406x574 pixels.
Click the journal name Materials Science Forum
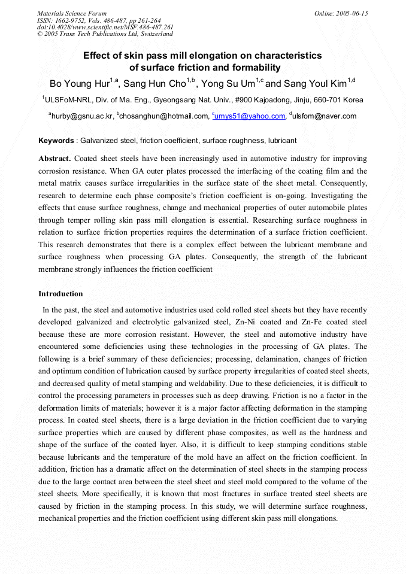(72, 13)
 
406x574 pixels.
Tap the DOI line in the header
(105, 27)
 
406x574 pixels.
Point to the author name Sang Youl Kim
(314, 83)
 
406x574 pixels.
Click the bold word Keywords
(56, 141)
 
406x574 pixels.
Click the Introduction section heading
(60, 294)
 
